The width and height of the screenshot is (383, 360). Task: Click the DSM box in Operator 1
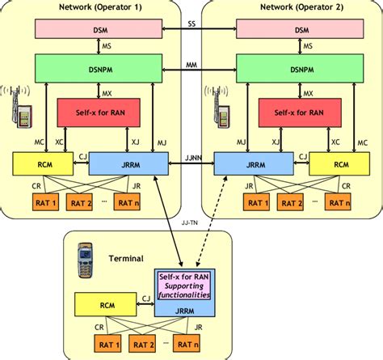(x=99, y=29)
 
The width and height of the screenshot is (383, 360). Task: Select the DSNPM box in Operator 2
(x=300, y=69)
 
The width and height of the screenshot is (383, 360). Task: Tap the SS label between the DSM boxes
(x=191, y=24)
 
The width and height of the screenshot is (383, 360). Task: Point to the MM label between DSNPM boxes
(x=191, y=65)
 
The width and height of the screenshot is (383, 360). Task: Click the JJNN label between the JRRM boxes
(x=193, y=158)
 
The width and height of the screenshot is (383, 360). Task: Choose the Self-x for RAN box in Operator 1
(x=99, y=112)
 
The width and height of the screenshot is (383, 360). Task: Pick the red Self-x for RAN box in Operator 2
(x=300, y=112)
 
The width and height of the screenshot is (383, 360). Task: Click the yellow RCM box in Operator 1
(x=43, y=163)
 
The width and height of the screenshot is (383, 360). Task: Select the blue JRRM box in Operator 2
(x=254, y=163)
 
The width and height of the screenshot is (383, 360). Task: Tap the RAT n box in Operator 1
(x=128, y=202)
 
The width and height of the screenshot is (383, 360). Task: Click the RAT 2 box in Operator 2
(x=290, y=202)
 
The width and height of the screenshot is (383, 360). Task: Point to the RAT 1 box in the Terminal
(x=107, y=343)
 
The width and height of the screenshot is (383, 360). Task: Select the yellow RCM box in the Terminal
(x=106, y=304)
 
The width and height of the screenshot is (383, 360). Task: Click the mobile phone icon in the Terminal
(x=85, y=260)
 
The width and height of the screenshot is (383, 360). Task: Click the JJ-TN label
(x=190, y=222)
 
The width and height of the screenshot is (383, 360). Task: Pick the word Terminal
(x=126, y=259)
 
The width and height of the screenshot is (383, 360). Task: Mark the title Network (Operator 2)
(x=302, y=7)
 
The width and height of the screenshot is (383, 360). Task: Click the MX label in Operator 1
(x=107, y=94)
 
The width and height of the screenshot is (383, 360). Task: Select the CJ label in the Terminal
(x=146, y=299)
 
